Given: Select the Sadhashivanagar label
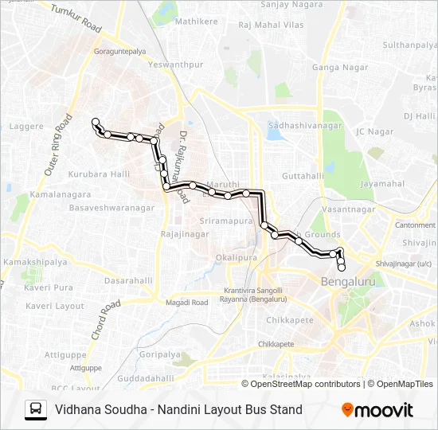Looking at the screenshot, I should coord(305,126).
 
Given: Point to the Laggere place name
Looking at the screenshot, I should coord(26,127).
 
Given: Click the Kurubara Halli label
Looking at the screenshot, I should coord(99,174).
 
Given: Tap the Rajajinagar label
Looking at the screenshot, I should coord(185,234).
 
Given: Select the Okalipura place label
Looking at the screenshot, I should coord(237,258).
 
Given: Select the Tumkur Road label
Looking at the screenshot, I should coord(76,19).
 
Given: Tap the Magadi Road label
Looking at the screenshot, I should coord(186,303).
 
